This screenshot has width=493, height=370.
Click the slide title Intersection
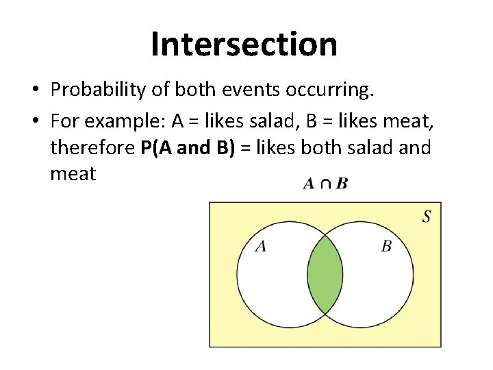click(244, 44)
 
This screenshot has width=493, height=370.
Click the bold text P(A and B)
click(188, 148)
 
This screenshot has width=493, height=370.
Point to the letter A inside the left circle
click(260, 246)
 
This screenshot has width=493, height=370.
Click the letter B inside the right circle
click(386, 246)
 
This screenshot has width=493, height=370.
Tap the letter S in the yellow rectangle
click(427, 217)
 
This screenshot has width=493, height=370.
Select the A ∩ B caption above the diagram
click(325, 184)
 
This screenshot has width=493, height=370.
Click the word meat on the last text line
click(73, 174)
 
